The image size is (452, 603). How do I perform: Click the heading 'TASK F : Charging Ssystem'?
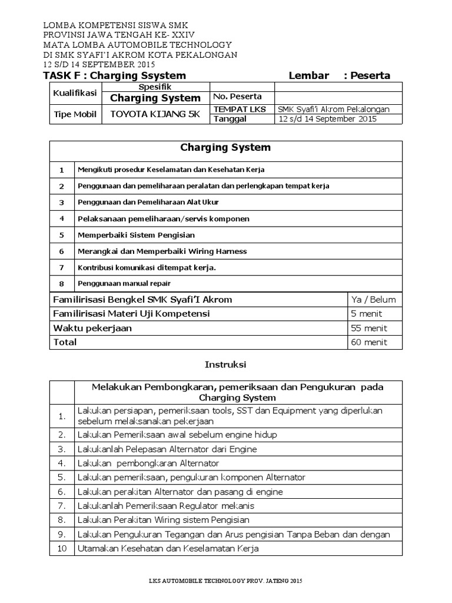[x=115, y=75]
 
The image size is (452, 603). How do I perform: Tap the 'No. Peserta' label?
[x=237, y=97]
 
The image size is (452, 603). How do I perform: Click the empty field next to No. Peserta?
[x=338, y=97]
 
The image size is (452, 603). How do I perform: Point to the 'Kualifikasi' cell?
[x=75, y=93]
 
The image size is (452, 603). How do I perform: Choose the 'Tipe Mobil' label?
[x=75, y=114]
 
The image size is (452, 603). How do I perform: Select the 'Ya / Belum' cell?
[x=373, y=299]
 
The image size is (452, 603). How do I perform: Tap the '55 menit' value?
[x=368, y=328]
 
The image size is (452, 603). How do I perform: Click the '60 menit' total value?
[x=368, y=342]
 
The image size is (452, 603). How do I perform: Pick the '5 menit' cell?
[x=366, y=314]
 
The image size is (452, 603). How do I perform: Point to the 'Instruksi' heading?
[x=225, y=365]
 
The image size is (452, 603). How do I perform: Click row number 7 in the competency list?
[x=61, y=267]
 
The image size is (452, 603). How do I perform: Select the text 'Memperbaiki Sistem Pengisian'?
[x=136, y=235]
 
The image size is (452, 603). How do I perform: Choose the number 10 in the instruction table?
[x=62, y=549]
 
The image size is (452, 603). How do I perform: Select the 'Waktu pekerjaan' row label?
[x=93, y=328]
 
